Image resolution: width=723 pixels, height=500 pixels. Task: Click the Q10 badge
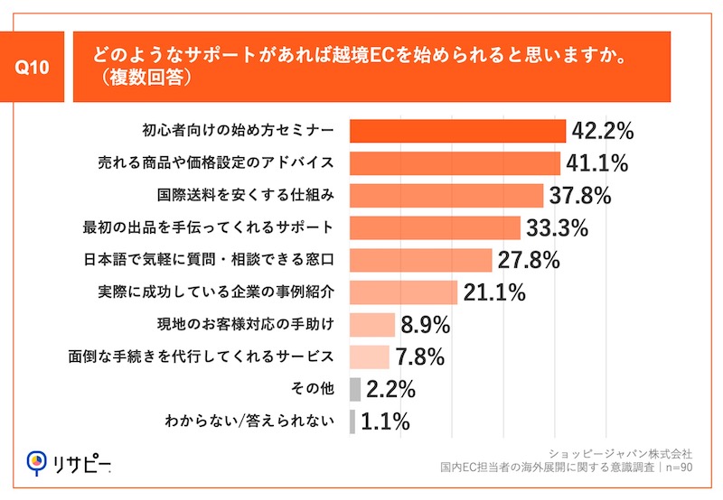point(39,68)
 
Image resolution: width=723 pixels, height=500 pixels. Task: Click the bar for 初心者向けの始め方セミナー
point(457,131)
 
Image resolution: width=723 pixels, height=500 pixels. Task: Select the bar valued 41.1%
point(455,163)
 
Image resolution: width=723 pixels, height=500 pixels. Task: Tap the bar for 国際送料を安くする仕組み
point(446,196)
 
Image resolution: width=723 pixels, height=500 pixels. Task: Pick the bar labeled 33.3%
point(435,227)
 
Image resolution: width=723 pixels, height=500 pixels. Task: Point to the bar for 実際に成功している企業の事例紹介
point(403,292)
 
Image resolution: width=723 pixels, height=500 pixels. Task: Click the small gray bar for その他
point(354,389)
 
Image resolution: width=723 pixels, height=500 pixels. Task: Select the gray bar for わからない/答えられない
point(352,421)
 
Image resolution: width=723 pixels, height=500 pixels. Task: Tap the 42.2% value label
point(602,131)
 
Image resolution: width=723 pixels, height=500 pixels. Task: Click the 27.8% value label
point(529,260)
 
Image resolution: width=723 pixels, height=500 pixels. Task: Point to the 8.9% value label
point(426,325)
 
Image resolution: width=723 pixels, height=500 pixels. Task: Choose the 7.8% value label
point(419,357)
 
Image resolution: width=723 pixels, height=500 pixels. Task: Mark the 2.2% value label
point(390,389)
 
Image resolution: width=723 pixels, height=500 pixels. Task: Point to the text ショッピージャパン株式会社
point(620,452)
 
